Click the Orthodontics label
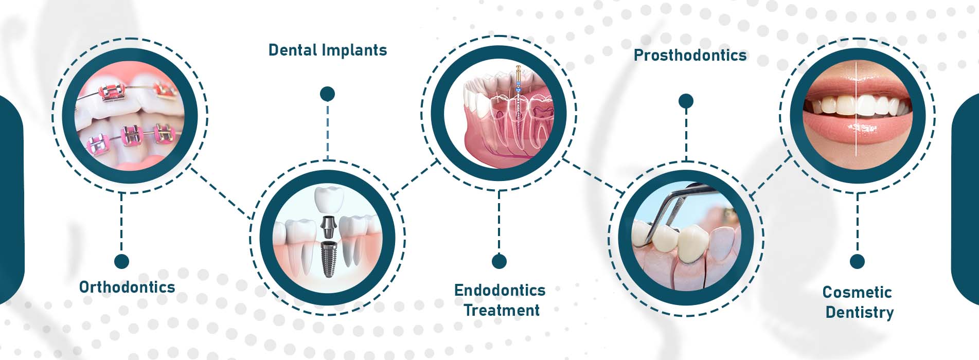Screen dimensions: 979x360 coord(127,287)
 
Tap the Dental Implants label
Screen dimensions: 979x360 coord(328,50)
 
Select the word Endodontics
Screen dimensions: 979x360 coord(500,290)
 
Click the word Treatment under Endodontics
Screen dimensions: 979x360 coord(502,310)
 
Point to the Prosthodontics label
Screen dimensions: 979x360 coord(690,55)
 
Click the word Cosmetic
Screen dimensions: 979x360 coord(857,292)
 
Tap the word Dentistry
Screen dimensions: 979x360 coord(860,312)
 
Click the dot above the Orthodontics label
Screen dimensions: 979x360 coord(121,261)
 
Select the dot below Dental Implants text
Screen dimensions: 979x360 coord(327,94)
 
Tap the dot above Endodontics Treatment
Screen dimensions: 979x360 coord(499,261)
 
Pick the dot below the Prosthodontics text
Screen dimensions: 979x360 coord(686,101)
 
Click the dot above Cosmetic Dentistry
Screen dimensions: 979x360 coord(857,261)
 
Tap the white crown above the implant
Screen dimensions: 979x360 coord(328,200)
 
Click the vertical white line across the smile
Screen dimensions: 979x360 coord(856,109)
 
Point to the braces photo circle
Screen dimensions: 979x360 coord(130,116)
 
